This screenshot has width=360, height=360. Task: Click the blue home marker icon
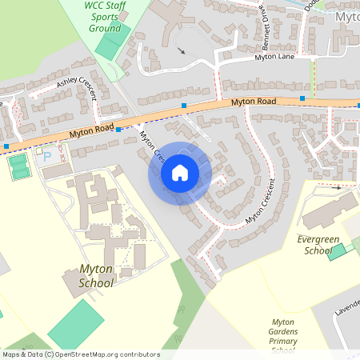pyautogui.click(x=180, y=173)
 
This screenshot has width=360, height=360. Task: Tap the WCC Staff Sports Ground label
pyautogui.click(x=105, y=16)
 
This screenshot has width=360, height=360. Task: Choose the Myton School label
pyautogui.click(x=96, y=275)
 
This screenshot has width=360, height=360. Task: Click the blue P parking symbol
pyautogui.click(x=46, y=156)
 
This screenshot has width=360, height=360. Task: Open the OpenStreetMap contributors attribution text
pyautogui.click(x=81, y=354)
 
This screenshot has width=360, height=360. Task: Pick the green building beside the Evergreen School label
pyautogui.click(x=338, y=251)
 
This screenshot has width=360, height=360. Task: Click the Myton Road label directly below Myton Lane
pyautogui.click(x=254, y=102)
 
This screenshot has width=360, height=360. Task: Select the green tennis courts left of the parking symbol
pyautogui.click(x=18, y=166)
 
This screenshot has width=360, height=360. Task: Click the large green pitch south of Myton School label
pyautogui.click(x=77, y=323)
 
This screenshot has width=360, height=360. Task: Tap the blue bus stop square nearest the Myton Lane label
pyautogui.click(x=302, y=98)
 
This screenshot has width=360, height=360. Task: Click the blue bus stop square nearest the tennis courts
pyautogui.click(x=6, y=146)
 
